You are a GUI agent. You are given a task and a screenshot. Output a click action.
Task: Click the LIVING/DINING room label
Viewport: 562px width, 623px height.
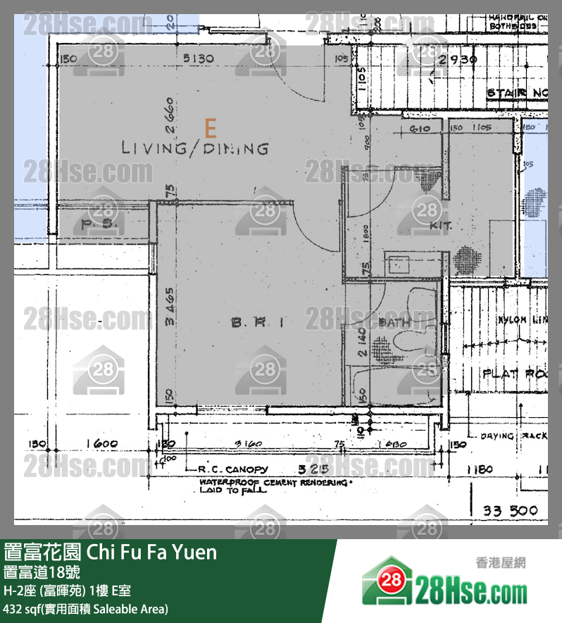pos(195,149)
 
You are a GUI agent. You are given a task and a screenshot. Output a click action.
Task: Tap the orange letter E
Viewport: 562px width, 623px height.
pos(209,128)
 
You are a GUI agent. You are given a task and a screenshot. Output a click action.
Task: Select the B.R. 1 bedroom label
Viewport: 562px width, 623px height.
pos(257,323)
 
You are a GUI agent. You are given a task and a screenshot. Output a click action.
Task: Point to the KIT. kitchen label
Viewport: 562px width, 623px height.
pos(439,226)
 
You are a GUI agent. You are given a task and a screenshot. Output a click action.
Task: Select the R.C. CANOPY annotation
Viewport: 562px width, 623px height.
pos(232,469)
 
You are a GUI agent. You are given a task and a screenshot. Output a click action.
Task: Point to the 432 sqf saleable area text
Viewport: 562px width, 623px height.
pos(86,608)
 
